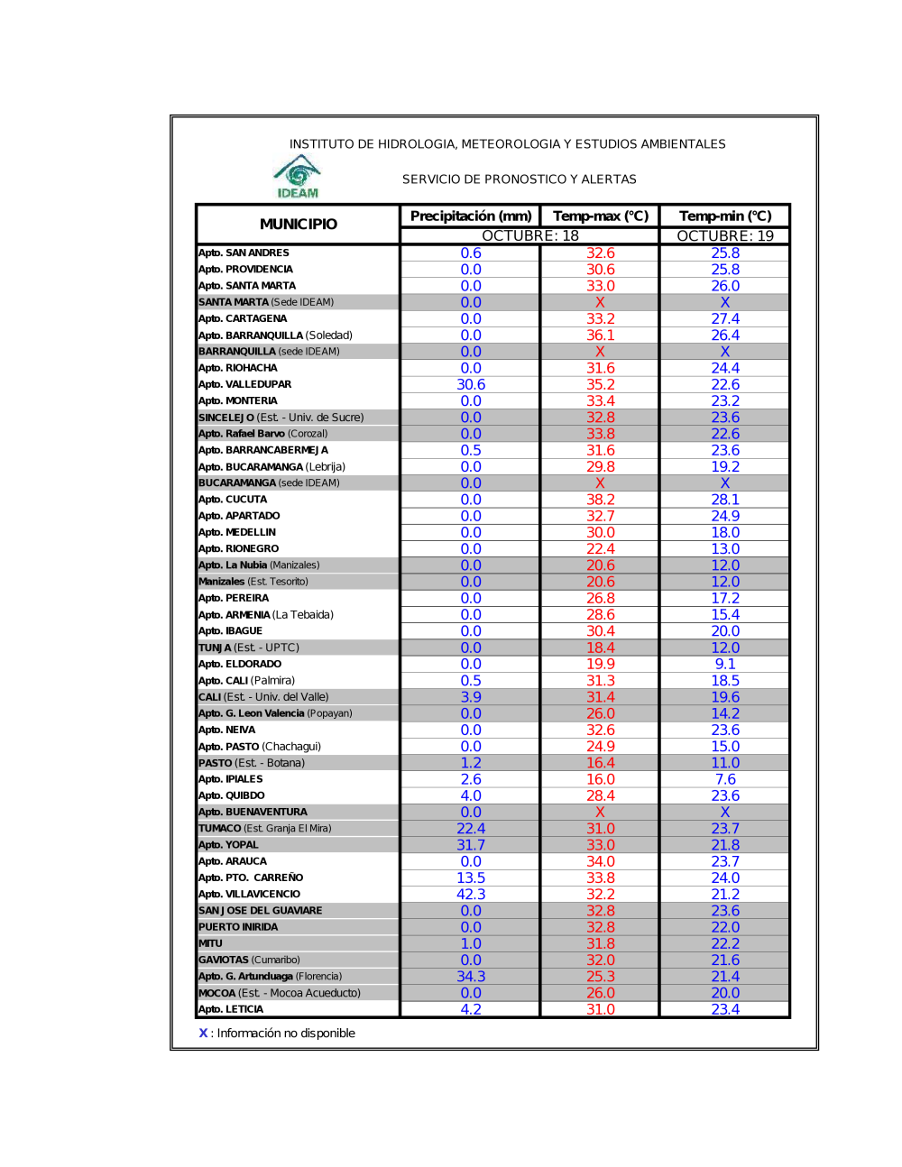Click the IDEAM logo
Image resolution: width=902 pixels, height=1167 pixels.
tap(298, 176)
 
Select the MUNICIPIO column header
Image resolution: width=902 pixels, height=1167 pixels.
tap(299, 224)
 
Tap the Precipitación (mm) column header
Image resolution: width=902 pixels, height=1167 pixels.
tap(471, 216)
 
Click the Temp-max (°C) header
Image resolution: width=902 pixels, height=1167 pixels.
tap(601, 216)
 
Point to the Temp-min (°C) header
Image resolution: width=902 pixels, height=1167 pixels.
tap(725, 216)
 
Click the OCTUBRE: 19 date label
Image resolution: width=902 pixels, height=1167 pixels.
tap(725, 235)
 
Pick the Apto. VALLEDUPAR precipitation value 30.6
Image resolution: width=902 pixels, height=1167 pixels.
tap(471, 384)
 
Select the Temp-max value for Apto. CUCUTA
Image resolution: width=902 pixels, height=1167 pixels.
tap(601, 500)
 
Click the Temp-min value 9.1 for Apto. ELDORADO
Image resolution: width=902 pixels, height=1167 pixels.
tap(725, 664)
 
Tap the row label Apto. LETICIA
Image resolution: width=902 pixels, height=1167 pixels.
tap(231, 1009)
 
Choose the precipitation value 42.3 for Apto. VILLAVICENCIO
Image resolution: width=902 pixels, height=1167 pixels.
tap(471, 894)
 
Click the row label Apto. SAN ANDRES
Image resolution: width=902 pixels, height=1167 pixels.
tap(244, 253)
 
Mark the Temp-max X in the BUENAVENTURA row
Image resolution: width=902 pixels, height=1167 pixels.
tap(601, 812)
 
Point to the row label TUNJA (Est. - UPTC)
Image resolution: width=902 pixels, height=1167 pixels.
tap(249, 648)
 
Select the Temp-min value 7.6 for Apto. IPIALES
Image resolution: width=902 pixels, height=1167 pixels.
tap(725, 779)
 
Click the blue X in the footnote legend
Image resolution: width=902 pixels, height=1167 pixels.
tap(203, 1034)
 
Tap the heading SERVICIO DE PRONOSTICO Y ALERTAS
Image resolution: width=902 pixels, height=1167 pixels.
tap(520, 179)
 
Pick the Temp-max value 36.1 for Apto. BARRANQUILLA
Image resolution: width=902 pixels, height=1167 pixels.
tap(601, 335)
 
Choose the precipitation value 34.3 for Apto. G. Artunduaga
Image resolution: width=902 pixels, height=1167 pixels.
tap(471, 977)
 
